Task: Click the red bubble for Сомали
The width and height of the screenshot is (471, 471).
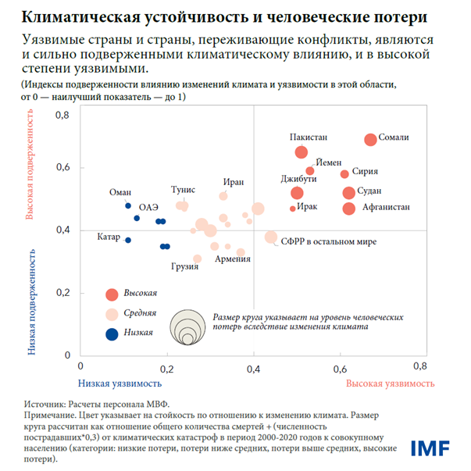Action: [370, 139]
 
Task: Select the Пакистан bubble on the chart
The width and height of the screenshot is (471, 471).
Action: [302, 152]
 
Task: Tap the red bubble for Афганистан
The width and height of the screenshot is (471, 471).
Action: [349, 208]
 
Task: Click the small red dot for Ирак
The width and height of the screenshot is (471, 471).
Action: [293, 209]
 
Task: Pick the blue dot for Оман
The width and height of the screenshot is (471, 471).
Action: [128, 205]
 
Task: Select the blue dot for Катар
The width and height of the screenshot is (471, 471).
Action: [128, 240]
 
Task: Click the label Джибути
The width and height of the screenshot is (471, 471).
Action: [298, 179]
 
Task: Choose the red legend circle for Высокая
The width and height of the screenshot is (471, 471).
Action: [112, 294]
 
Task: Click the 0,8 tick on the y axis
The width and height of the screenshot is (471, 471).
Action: [62, 116]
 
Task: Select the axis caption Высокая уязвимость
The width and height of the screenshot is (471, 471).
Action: [389, 384]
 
